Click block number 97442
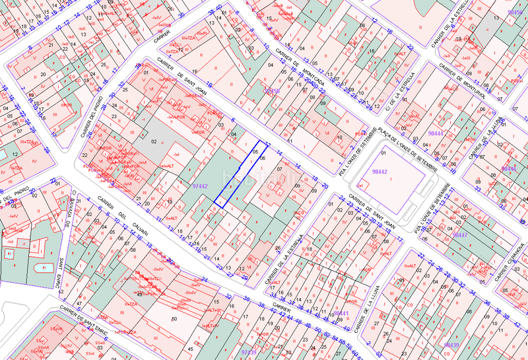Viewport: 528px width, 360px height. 200,187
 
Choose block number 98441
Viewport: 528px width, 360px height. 341,313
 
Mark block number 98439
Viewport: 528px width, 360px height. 451,345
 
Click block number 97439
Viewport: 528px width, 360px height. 248,352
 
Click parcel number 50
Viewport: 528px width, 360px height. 174,319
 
